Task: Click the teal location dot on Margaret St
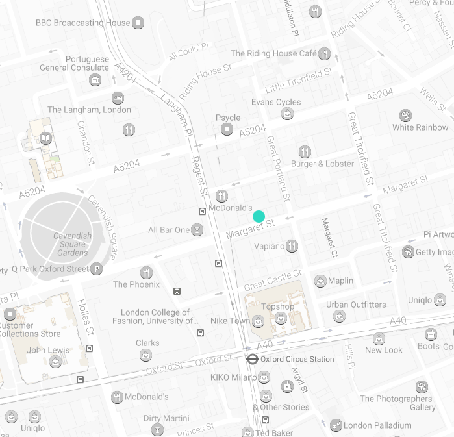[x=259, y=216]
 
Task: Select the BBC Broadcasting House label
[x=82, y=23]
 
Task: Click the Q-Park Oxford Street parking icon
[x=97, y=269]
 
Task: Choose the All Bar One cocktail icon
[x=198, y=230]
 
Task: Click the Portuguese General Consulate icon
[x=95, y=81]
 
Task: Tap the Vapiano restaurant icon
[x=292, y=246]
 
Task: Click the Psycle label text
[x=228, y=118]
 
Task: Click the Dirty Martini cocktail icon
[x=156, y=430]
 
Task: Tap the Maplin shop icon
[x=320, y=281]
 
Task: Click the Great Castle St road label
[x=273, y=282]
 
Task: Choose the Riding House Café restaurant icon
[x=324, y=53]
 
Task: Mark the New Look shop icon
[x=379, y=338]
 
